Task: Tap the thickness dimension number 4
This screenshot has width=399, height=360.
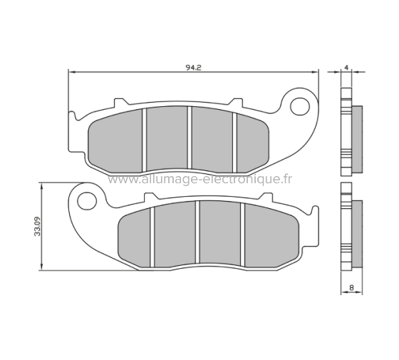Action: pos(346,67)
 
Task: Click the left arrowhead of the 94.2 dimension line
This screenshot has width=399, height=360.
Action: pos(71,72)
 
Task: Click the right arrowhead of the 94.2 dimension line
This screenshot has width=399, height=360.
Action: pos(316,72)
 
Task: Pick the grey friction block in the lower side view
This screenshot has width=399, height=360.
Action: pos(357,231)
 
